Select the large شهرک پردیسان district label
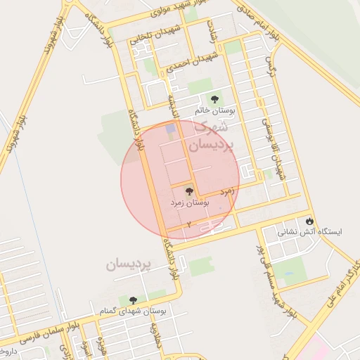209,136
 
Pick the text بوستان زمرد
188,202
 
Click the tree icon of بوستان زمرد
188,191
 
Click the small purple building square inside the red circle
169,129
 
